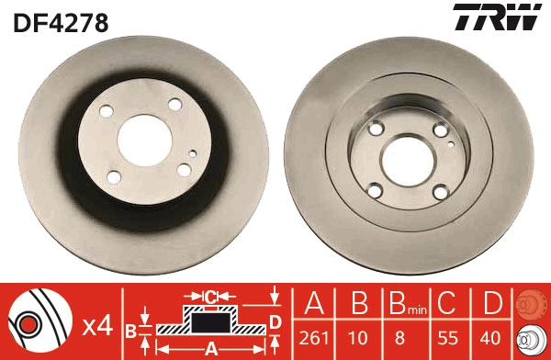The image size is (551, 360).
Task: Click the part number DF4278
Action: click(x=61, y=23)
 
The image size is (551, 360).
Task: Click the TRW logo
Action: click(x=497, y=17)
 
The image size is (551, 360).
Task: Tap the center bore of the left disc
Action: click(x=144, y=141)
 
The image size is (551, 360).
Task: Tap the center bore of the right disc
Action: click(x=408, y=162)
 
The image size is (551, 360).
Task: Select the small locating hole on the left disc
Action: click(x=193, y=153)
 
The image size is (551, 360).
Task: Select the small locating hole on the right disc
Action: click(x=451, y=143)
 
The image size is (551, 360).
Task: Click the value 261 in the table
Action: click(x=314, y=338)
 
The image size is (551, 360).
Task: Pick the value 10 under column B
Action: click(x=358, y=338)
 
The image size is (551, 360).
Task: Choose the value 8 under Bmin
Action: click(x=399, y=338)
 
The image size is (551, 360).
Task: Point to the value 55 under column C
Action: click(x=448, y=338)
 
